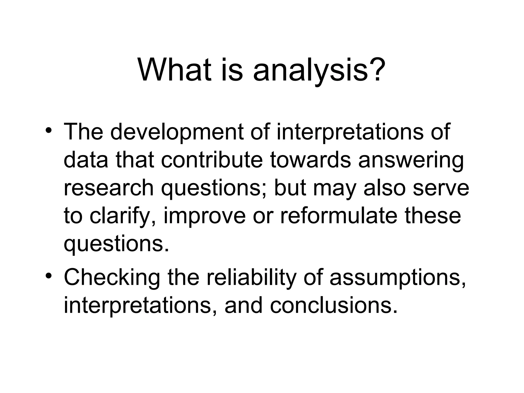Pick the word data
[x=86, y=160]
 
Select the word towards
[x=310, y=160]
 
